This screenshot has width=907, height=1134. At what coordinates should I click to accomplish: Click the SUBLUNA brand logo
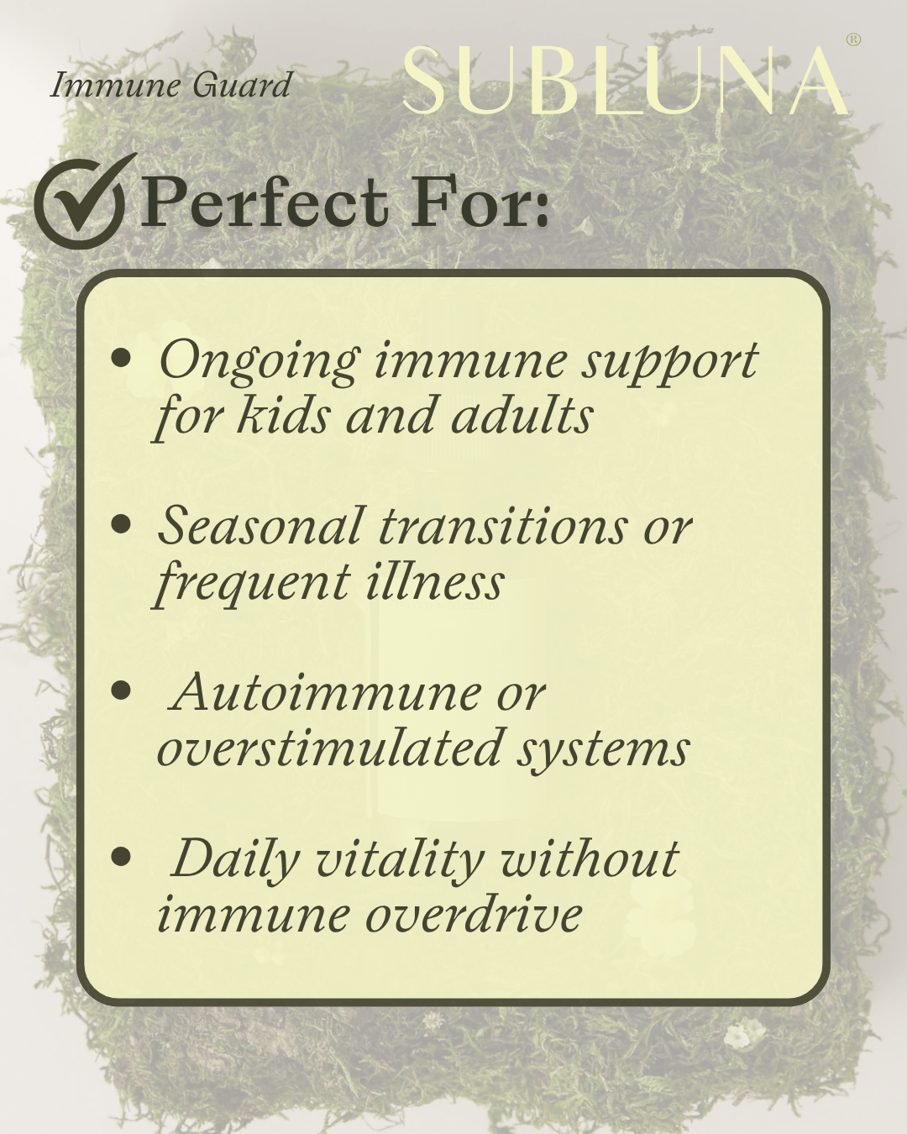[626, 81]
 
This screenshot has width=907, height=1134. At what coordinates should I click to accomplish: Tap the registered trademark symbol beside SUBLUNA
[853, 39]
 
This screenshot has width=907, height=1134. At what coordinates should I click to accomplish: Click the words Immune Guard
[171, 85]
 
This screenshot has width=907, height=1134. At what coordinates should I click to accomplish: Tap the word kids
[283, 415]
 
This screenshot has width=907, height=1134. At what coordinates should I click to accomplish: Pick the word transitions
[503, 526]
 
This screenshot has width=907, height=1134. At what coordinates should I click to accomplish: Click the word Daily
[234, 859]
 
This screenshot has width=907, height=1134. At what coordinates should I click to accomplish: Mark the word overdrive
[474, 914]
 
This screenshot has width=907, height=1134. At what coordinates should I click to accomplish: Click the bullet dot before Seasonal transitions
[122, 524]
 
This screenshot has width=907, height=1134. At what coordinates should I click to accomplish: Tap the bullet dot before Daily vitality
[122, 857]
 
